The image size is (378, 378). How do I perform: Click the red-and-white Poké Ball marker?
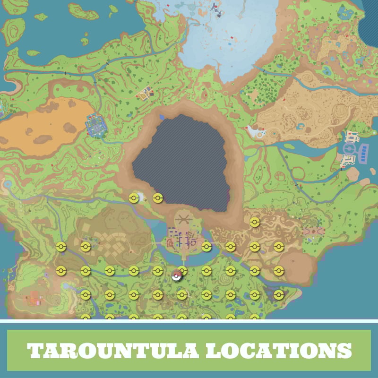177,275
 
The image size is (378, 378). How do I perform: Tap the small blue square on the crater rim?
162,116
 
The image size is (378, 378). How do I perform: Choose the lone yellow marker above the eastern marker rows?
255,222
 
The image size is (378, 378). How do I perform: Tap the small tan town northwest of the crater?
145,93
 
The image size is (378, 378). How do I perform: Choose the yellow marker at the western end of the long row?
60,271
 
